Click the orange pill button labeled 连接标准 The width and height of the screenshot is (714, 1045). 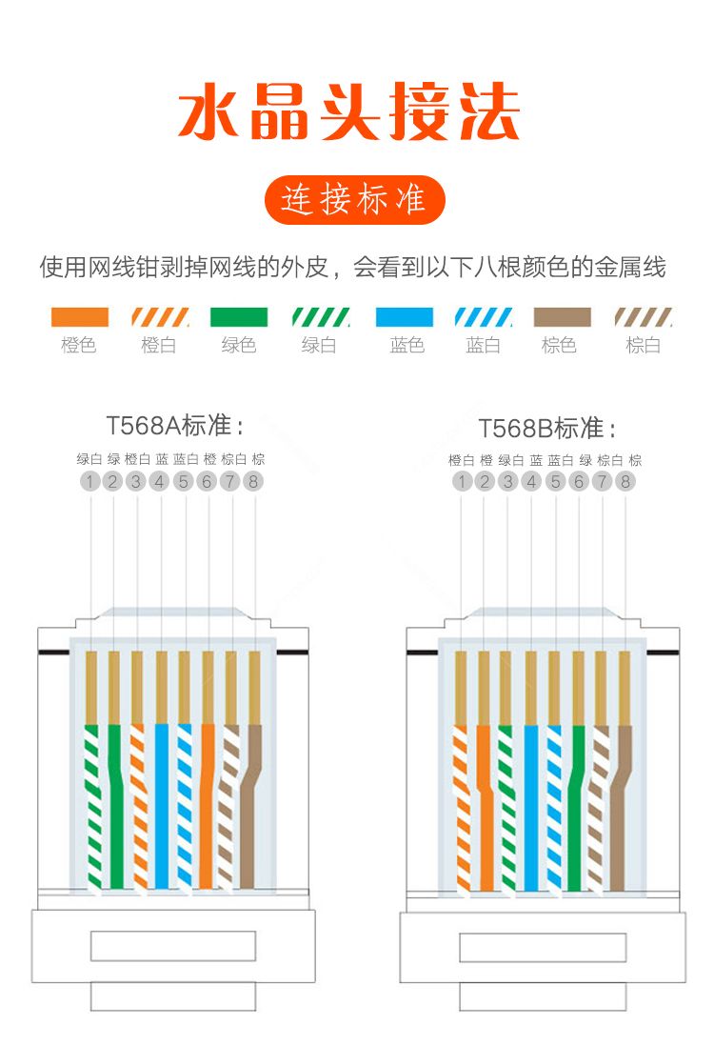coord(354,200)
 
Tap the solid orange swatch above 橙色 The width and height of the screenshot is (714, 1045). coord(79,316)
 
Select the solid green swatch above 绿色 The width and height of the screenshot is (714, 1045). coord(238,316)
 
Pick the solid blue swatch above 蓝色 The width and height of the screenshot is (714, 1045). coord(405,316)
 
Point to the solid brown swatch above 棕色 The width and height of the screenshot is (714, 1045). coord(562,316)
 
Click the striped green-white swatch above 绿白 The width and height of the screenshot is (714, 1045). coord(321,316)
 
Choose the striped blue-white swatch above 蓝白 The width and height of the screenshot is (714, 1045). coord(484,316)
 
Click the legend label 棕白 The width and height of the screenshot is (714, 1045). coord(643,345)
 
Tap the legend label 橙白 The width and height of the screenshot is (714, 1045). coord(159,345)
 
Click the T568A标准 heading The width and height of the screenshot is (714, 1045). coord(174,425)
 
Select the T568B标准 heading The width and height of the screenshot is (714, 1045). coord(546,428)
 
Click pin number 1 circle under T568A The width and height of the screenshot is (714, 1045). coord(89,481)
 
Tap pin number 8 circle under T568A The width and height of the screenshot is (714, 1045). coord(253,481)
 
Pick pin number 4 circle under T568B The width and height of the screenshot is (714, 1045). coord(531,481)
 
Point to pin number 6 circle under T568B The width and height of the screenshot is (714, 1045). coord(579,481)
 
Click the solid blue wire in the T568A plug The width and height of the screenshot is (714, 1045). coord(162,807)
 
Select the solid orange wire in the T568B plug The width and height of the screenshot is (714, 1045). coord(485,808)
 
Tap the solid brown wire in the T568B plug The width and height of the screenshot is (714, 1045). coord(621,808)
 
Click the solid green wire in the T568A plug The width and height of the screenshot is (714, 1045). coord(115,807)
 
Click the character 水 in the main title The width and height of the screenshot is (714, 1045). coord(208,111)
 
